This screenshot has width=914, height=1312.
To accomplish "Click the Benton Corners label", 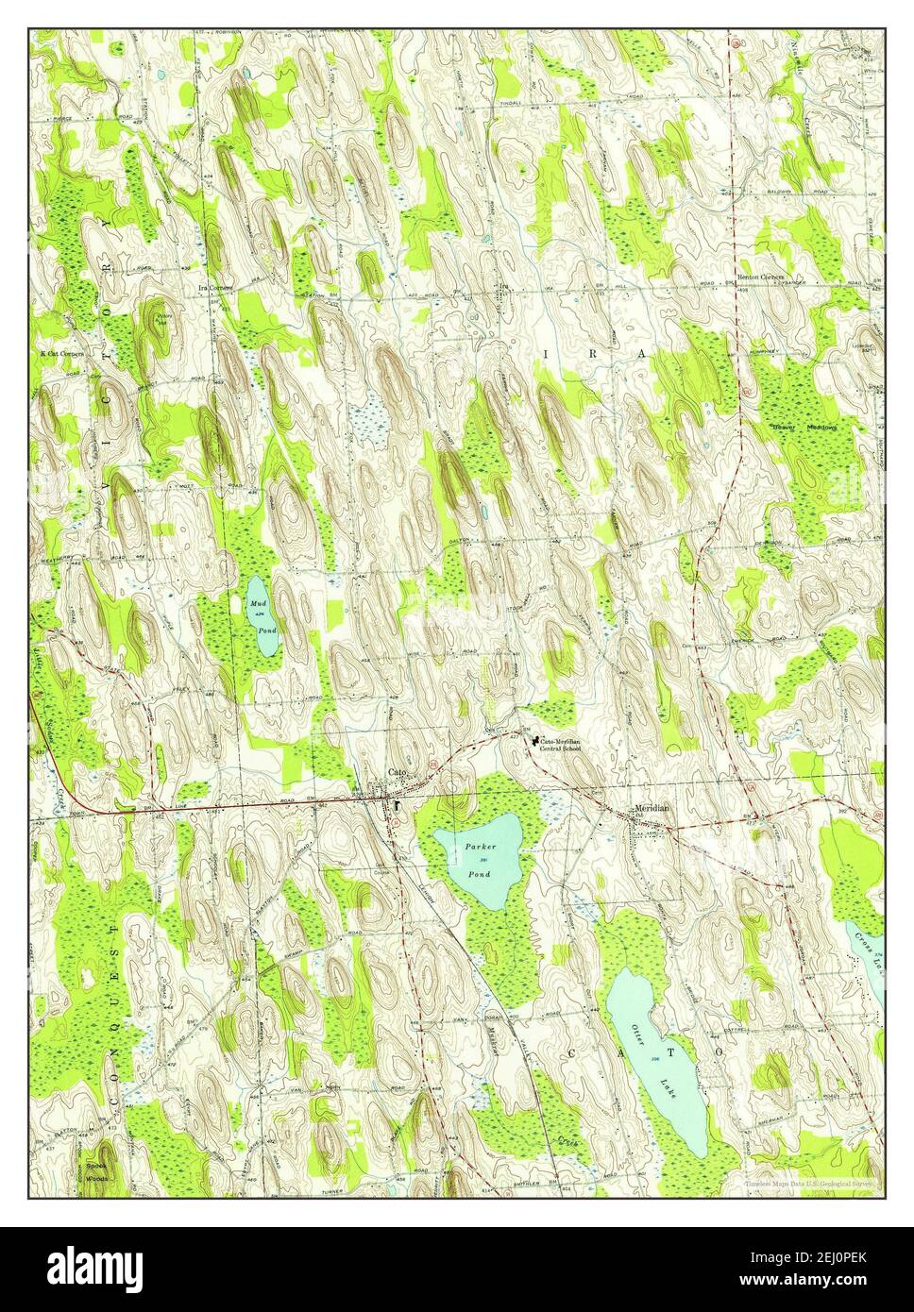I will (761, 278).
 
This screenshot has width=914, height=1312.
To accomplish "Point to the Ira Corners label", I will (215, 286).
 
